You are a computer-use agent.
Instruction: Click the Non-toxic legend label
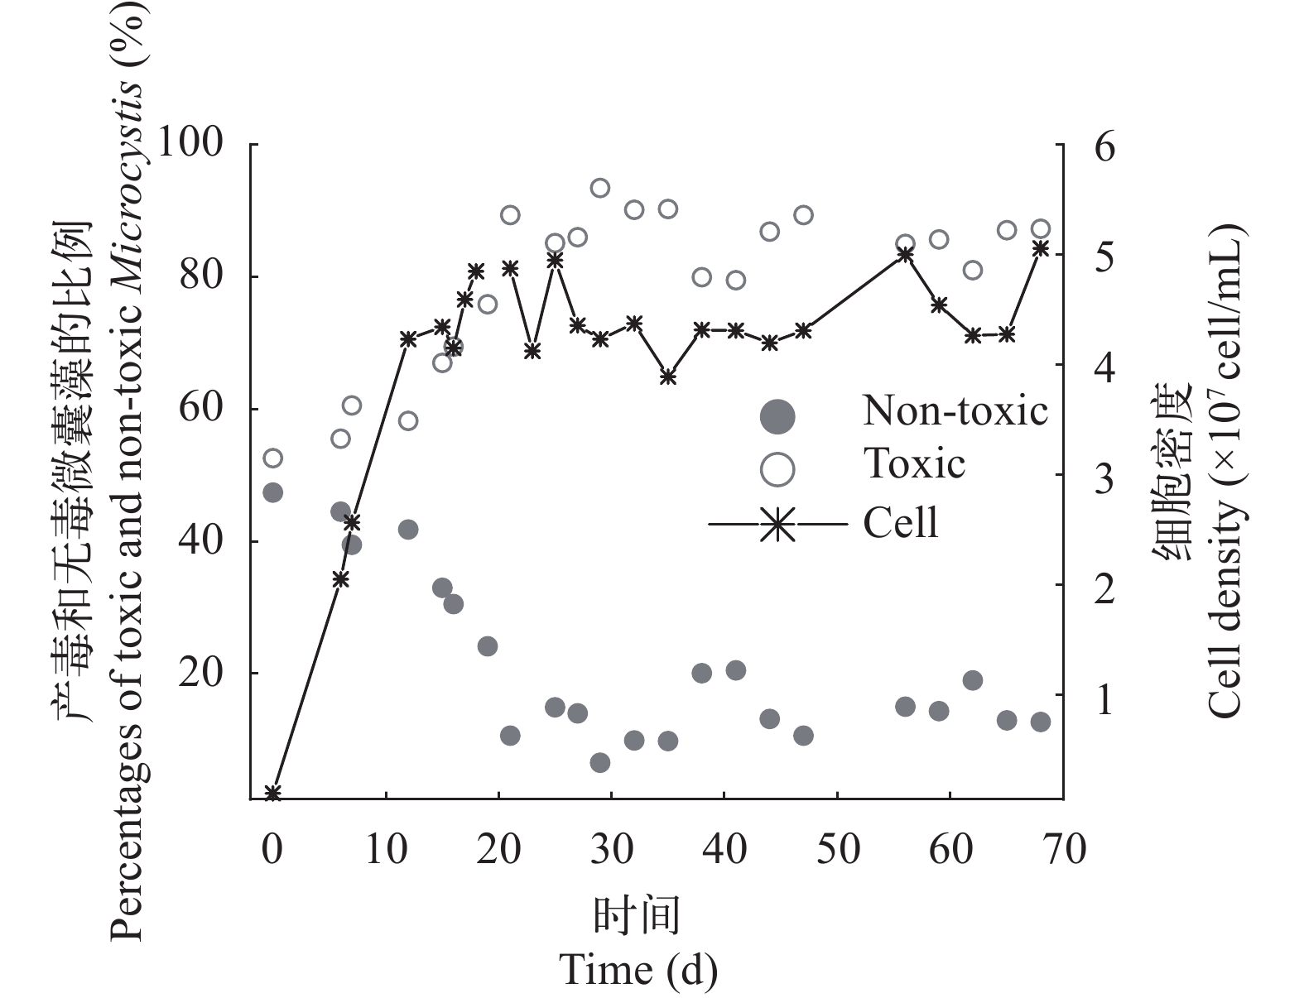click(x=955, y=411)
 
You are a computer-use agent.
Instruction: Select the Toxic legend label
click(x=914, y=463)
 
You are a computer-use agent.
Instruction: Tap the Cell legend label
click(x=901, y=523)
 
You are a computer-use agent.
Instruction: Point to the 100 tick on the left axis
click(x=190, y=144)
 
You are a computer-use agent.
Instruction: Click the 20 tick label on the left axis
click(x=201, y=673)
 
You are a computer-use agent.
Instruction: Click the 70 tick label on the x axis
click(x=1062, y=850)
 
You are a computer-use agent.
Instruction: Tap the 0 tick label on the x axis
click(x=272, y=850)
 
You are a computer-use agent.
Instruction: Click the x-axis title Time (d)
click(x=638, y=970)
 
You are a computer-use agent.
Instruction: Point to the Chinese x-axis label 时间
click(x=638, y=916)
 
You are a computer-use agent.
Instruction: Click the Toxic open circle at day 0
click(x=272, y=458)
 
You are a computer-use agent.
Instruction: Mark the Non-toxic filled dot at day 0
click(x=272, y=492)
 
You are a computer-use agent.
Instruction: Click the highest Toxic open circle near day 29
click(x=600, y=188)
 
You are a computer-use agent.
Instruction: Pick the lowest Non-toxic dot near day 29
click(x=600, y=762)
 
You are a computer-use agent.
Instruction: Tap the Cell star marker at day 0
click(x=272, y=794)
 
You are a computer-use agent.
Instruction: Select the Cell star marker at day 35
click(x=668, y=377)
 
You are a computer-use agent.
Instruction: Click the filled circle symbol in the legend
click(x=777, y=415)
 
